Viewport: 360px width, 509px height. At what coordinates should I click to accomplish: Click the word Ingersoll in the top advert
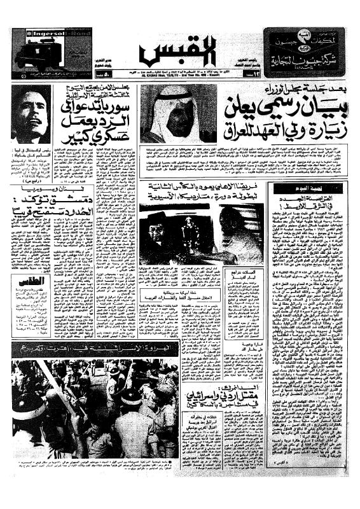[36, 33]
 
